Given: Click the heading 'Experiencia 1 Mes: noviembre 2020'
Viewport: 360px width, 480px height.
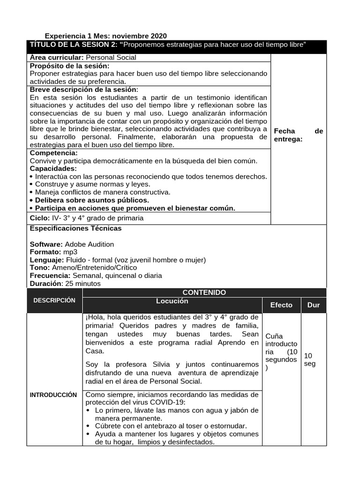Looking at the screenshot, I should click(x=105, y=36).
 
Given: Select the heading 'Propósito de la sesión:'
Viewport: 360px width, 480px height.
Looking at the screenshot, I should click(x=69, y=66).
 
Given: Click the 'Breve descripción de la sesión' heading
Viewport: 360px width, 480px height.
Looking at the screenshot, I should click(x=84, y=90).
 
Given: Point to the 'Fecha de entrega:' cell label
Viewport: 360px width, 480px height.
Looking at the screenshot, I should click(x=298, y=135).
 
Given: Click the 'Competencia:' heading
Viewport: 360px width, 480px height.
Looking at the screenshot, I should click(x=54, y=153).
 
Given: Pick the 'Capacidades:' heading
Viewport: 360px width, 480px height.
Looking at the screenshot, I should click(x=53, y=168).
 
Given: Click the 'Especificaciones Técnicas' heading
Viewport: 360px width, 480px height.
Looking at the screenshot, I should click(x=75, y=228).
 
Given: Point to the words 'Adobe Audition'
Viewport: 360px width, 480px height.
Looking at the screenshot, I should click(x=89, y=244).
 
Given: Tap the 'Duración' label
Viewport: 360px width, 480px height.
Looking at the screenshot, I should click(x=45, y=284).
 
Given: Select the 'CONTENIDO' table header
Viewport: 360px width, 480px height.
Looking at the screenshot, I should click(x=204, y=292).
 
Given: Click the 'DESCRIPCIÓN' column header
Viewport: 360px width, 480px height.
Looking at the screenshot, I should click(x=54, y=300).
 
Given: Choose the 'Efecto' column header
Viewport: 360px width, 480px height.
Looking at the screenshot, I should click(x=281, y=305).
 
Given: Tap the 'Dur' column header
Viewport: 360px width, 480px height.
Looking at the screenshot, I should click(x=314, y=305).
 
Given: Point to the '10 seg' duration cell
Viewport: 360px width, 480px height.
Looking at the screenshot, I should click(x=310, y=360).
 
